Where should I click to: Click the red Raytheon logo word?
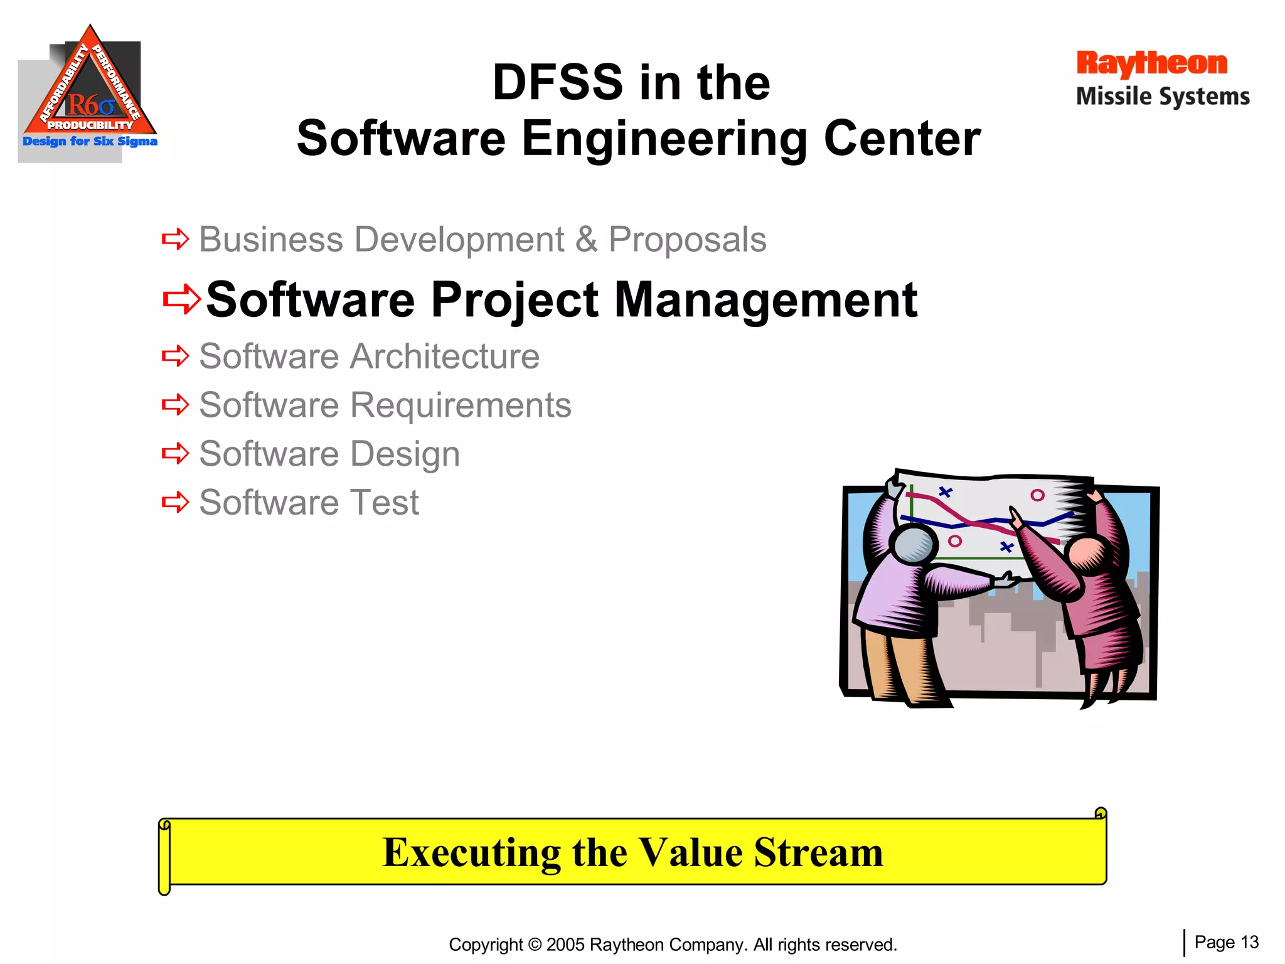(x=1151, y=64)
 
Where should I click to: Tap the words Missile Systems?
(x=1163, y=97)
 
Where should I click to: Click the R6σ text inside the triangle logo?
(x=91, y=104)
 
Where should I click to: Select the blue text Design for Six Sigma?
(x=90, y=141)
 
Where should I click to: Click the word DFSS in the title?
(x=557, y=83)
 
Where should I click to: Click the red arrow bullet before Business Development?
(x=175, y=239)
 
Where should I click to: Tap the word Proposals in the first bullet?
(x=687, y=240)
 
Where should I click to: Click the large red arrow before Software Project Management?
(x=181, y=299)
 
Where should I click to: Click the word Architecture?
(x=444, y=356)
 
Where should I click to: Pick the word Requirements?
(x=461, y=405)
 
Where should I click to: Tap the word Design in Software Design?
(x=405, y=454)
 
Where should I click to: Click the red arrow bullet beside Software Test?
(x=175, y=502)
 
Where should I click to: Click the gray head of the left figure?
(x=913, y=544)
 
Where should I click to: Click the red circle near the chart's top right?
(x=1038, y=495)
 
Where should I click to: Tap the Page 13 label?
(x=1226, y=942)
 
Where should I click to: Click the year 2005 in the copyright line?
(x=565, y=945)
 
